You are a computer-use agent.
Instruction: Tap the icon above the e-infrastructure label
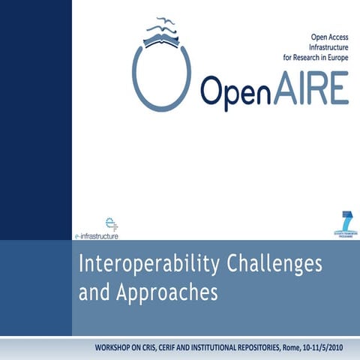pyautogui.click(x=111, y=223)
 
